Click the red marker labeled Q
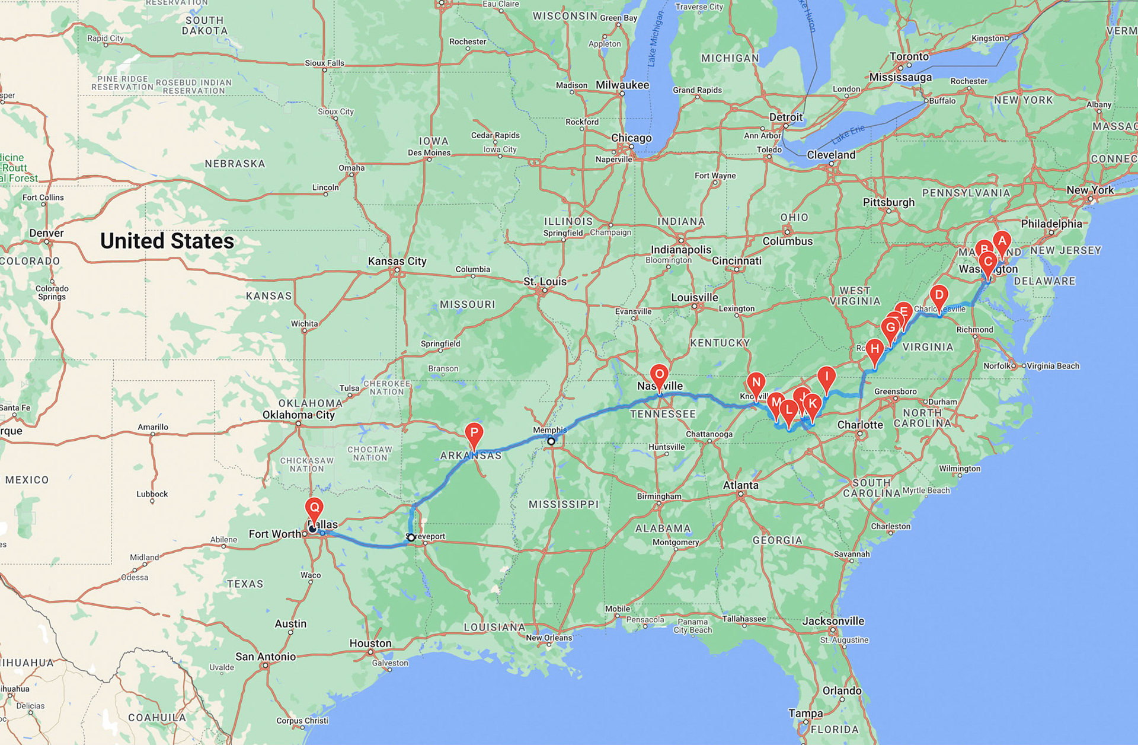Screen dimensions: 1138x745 click(x=314, y=508)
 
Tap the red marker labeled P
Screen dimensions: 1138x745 click(x=474, y=432)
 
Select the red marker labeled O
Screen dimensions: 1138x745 click(x=659, y=374)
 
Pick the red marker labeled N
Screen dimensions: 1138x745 click(x=756, y=383)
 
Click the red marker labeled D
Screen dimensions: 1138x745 click(x=939, y=295)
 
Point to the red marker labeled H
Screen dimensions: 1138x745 click(x=874, y=349)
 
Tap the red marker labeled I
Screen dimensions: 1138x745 click(x=826, y=376)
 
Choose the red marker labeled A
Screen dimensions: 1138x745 click(x=1002, y=241)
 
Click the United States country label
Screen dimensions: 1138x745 click(x=167, y=241)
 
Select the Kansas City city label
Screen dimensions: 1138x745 click(x=397, y=261)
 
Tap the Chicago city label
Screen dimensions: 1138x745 click(x=631, y=138)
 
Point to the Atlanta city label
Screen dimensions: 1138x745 click(x=740, y=485)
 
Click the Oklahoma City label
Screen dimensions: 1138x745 click(x=299, y=415)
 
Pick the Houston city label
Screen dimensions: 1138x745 click(x=370, y=643)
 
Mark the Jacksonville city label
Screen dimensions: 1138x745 click(x=833, y=621)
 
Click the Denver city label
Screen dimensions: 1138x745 click(x=46, y=233)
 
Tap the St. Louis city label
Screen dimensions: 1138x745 click(x=545, y=281)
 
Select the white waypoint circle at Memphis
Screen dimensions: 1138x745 click(x=551, y=441)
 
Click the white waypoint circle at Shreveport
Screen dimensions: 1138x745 click(x=411, y=537)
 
